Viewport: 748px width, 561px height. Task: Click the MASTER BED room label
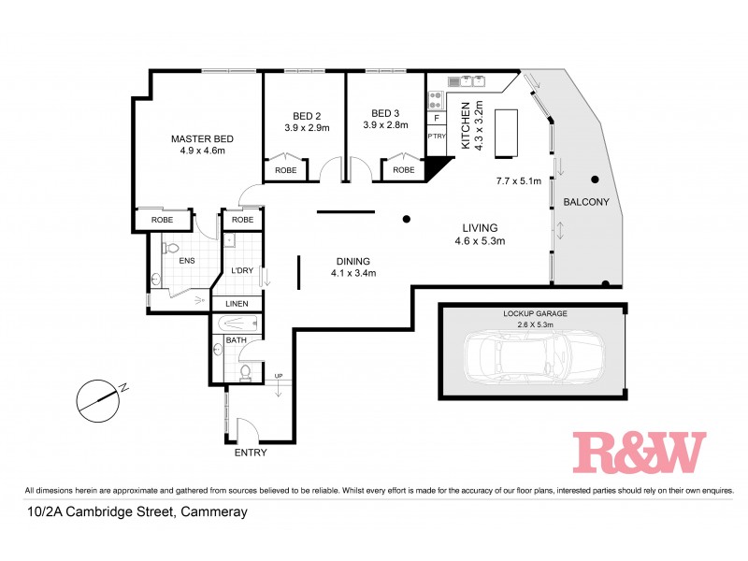pyautogui.click(x=202, y=139)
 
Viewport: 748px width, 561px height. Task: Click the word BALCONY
pyautogui.click(x=586, y=202)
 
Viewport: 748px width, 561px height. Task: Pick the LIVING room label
pyautogui.click(x=481, y=227)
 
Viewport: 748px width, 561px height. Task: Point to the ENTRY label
pyautogui.click(x=251, y=453)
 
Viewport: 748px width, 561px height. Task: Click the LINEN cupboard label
pyautogui.click(x=236, y=304)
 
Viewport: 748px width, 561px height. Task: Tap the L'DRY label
pyautogui.click(x=242, y=271)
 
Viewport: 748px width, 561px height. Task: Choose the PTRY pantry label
pyautogui.click(x=437, y=137)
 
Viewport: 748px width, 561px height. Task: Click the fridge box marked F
pyautogui.click(x=437, y=118)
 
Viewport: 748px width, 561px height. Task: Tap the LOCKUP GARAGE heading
pyautogui.click(x=536, y=314)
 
